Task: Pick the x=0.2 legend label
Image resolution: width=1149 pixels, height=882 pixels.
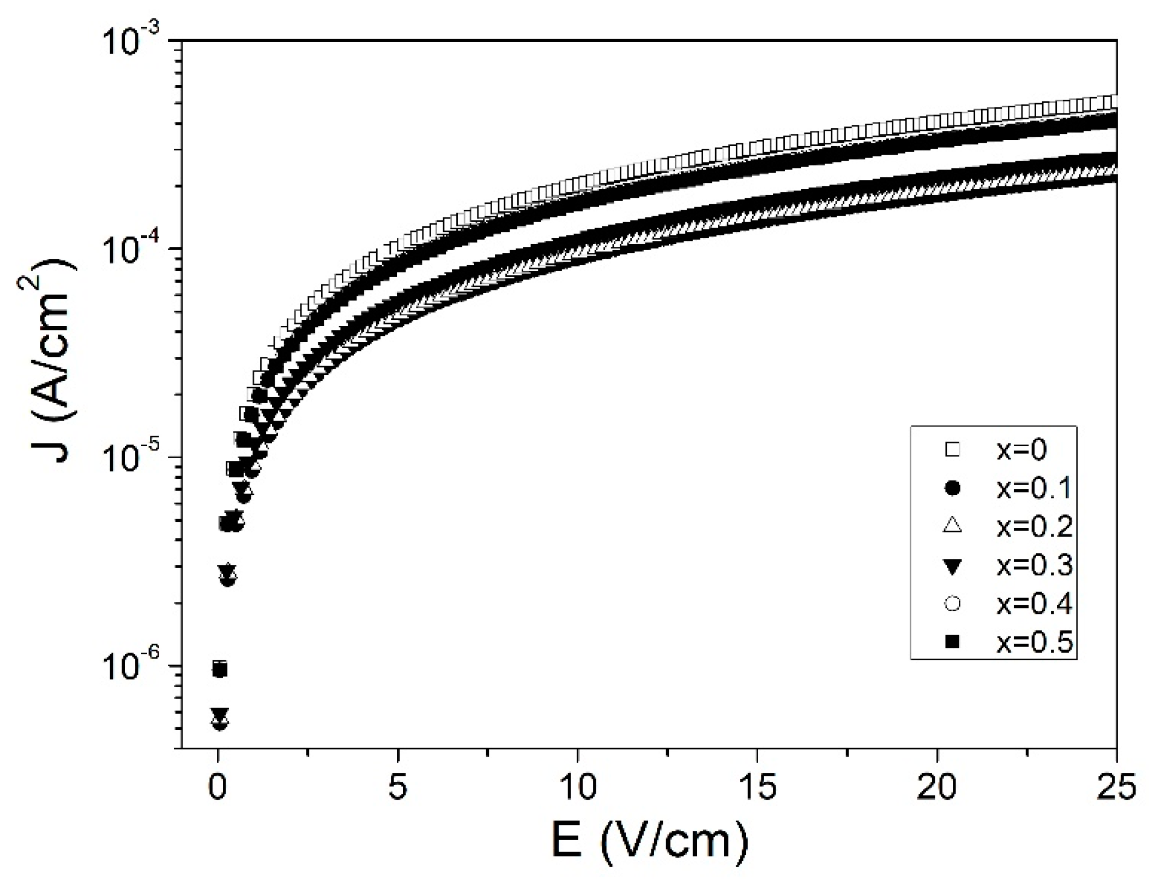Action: [1034, 527]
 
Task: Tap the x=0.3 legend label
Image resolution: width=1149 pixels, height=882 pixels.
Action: [1034, 565]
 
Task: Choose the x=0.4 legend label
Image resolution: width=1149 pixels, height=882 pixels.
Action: [1034, 604]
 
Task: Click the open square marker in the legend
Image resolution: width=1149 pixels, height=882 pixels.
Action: [952, 450]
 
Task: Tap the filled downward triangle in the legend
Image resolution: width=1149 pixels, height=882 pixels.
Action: [952, 567]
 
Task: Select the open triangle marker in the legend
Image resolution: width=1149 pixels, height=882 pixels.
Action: [952, 526]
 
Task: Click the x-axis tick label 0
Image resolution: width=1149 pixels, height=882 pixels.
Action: [217, 788]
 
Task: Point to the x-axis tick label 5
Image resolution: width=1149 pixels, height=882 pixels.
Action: [398, 788]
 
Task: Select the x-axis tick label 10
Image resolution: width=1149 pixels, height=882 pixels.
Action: [578, 788]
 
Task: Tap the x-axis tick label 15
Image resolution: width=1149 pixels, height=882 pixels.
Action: [758, 788]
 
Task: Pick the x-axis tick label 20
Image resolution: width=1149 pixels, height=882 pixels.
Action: [937, 788]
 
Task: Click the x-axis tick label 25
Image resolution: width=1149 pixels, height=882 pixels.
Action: [1116, 788]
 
